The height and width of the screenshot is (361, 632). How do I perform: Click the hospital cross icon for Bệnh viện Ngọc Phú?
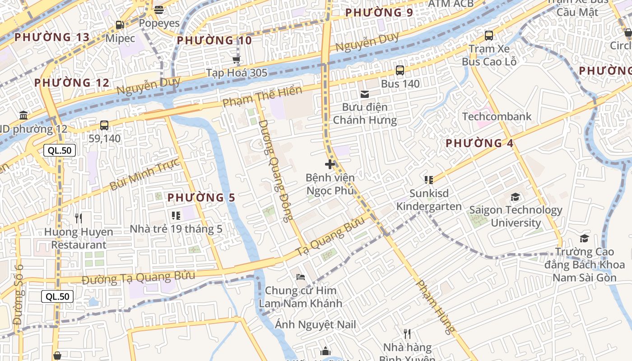pos(330,164)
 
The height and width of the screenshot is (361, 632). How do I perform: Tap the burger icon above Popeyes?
pos(158,10)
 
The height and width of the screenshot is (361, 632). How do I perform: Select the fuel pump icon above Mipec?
pos(120,25)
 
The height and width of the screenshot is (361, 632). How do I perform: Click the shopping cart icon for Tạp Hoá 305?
pos(236,60)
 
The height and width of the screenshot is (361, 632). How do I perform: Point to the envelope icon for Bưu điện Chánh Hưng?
pos(364,94)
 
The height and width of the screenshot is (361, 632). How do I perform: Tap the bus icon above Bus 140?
pos(400,70)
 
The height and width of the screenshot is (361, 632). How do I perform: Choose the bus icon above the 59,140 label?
pos(104,125)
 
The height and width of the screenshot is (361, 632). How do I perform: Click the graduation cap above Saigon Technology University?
pos(515,197)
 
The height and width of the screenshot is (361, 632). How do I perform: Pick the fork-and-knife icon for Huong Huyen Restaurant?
pos(79,218)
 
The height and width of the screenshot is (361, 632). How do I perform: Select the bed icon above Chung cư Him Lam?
pos(301,277)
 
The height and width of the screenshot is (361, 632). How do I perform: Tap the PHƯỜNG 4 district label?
pos(479,143)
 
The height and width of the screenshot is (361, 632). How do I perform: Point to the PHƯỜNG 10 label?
pos(214,41)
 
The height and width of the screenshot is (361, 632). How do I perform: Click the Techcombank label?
pos(497,116)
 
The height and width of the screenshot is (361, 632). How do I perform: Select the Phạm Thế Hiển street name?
pos(262,97)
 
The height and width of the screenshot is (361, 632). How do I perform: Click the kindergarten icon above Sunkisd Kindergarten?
pos(428,180)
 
